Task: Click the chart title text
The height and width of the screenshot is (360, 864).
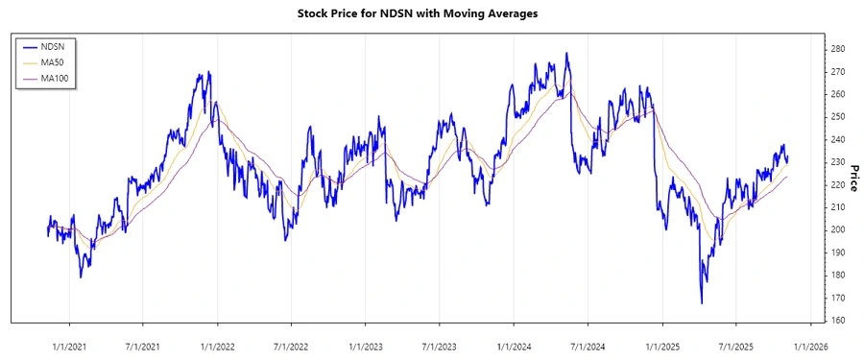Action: [431, 13]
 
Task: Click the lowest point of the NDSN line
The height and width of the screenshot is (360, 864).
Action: [702, 304]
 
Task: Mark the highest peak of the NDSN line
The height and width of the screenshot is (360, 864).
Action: [566, 53]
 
